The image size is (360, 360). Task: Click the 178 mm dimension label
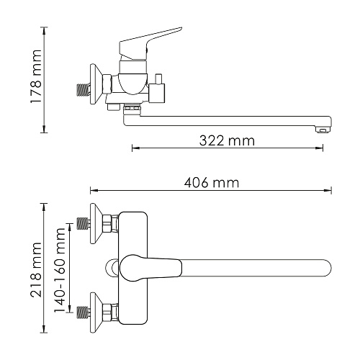(36, 76)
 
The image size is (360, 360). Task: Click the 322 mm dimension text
(227, 141)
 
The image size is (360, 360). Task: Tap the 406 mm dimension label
(212, 183)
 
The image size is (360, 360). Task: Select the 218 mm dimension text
(36, 270)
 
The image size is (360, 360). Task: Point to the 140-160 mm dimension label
(60, 270)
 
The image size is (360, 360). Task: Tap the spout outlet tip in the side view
(323, 130)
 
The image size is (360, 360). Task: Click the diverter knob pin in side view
(158, 78)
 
